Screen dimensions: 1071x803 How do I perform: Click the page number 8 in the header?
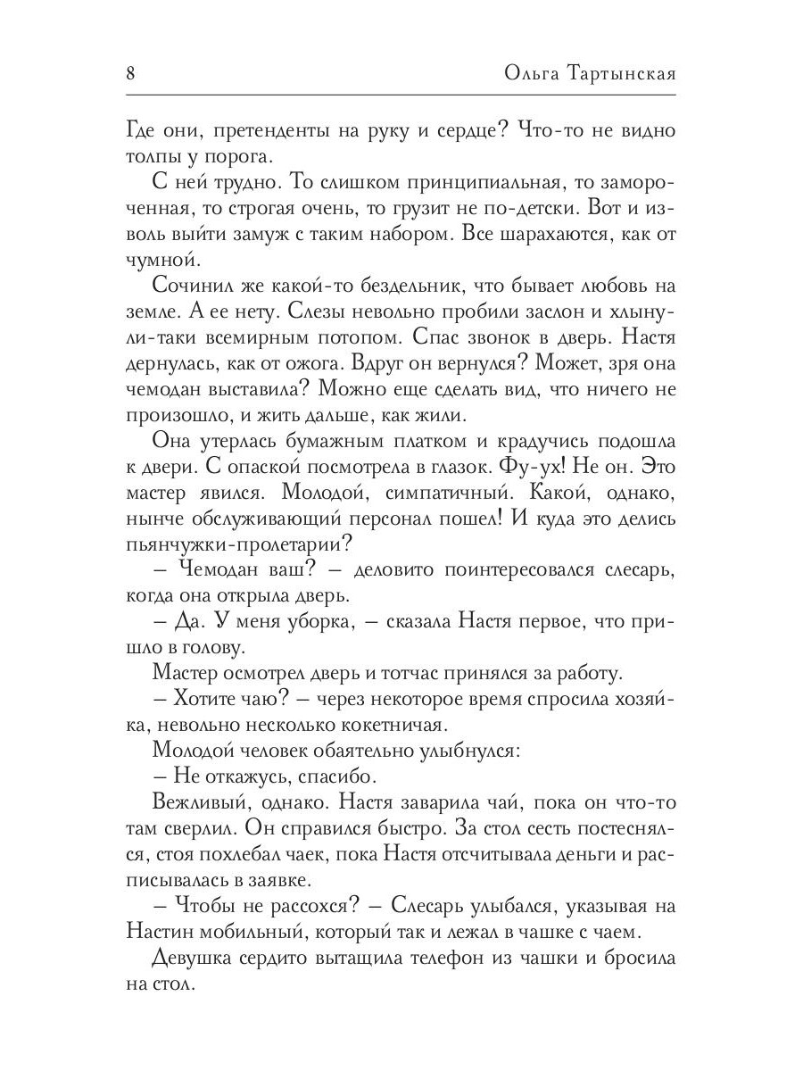pyautogui.click(x=130, y=73)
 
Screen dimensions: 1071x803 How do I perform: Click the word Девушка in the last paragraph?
pyautogui.click(x=198, y=959)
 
